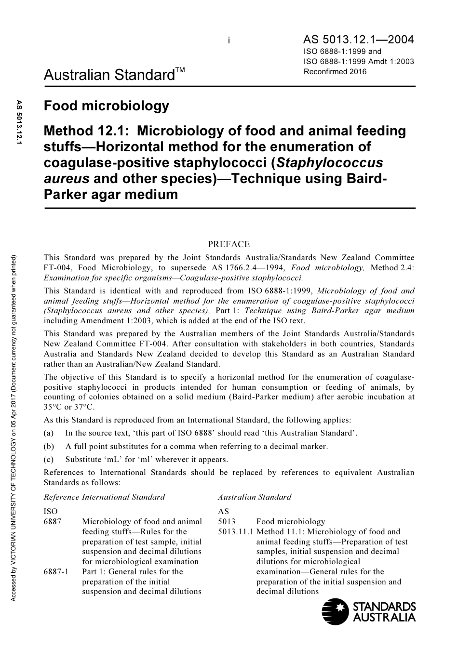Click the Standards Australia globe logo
(x=335, y=611)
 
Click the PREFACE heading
(x=229, y=245)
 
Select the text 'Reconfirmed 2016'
(x=335, y=72)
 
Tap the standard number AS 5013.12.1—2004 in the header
(x=359, y=40)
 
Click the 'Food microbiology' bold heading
(x=107, y=106)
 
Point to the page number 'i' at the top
(x=229, y=41)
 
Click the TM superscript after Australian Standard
(x=179, y=70)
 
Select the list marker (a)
(x=49, y=433)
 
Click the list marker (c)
(x=49, y=459)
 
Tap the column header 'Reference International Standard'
(x=104, y=497)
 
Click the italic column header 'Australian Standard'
(x=255, y=497)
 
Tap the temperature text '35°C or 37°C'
(x=69, y=407)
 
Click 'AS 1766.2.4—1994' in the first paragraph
(x=248, y=268)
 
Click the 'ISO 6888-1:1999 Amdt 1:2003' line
(x=359, y=62)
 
